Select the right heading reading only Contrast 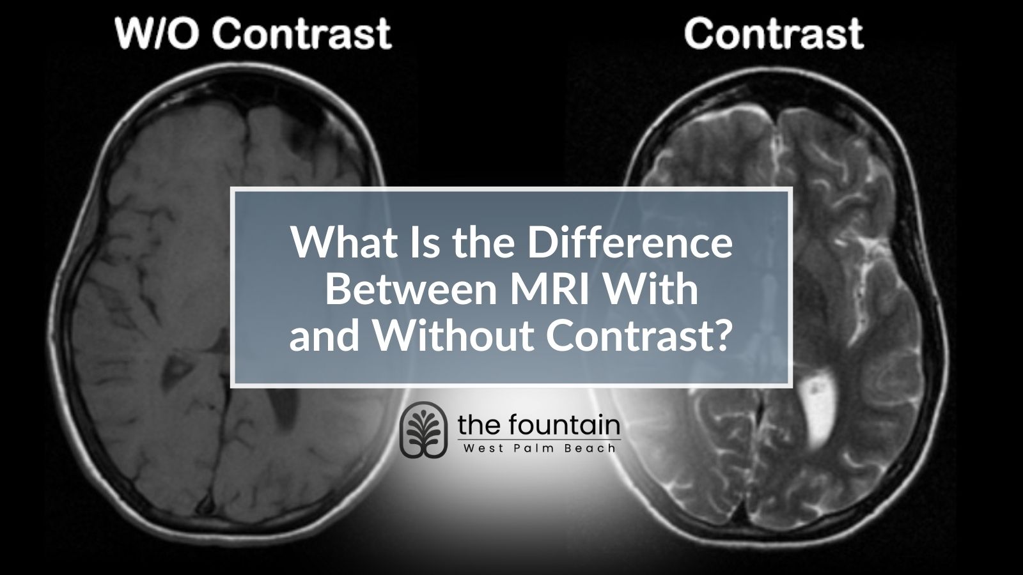click(774, 33)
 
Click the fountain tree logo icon click(423, 430)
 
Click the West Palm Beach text click(539, 448)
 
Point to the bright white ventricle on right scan click(819, 406)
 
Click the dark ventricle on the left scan click(286, 409)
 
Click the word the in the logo click(477, 425)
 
